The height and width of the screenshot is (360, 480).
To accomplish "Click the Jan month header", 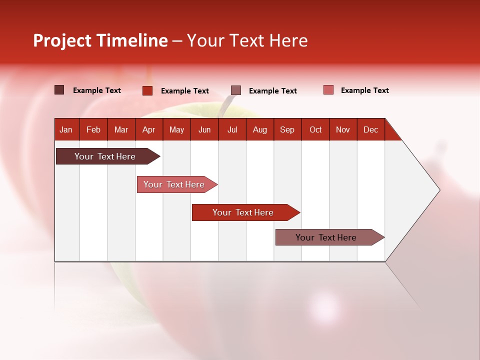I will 66,129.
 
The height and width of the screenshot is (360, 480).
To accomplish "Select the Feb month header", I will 93,129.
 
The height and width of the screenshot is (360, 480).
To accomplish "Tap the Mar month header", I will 121,129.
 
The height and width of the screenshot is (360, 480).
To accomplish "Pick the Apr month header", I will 148,129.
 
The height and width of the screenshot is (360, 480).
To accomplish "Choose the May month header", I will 176,129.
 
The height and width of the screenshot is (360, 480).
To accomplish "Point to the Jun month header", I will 204,129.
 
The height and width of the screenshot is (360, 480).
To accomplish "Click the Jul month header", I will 232,129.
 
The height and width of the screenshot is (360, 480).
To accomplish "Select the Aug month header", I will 259,129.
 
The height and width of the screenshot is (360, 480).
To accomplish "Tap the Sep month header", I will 287,129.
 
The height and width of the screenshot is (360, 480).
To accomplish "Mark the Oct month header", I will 315,129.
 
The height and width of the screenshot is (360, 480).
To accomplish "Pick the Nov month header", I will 343,129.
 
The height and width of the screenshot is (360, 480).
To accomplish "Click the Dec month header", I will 370,129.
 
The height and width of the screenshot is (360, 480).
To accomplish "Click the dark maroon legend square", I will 59,90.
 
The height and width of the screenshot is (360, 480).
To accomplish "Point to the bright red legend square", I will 147,90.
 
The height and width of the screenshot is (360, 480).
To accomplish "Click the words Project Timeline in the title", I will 100,40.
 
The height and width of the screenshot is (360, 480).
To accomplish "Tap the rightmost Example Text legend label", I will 364,90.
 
